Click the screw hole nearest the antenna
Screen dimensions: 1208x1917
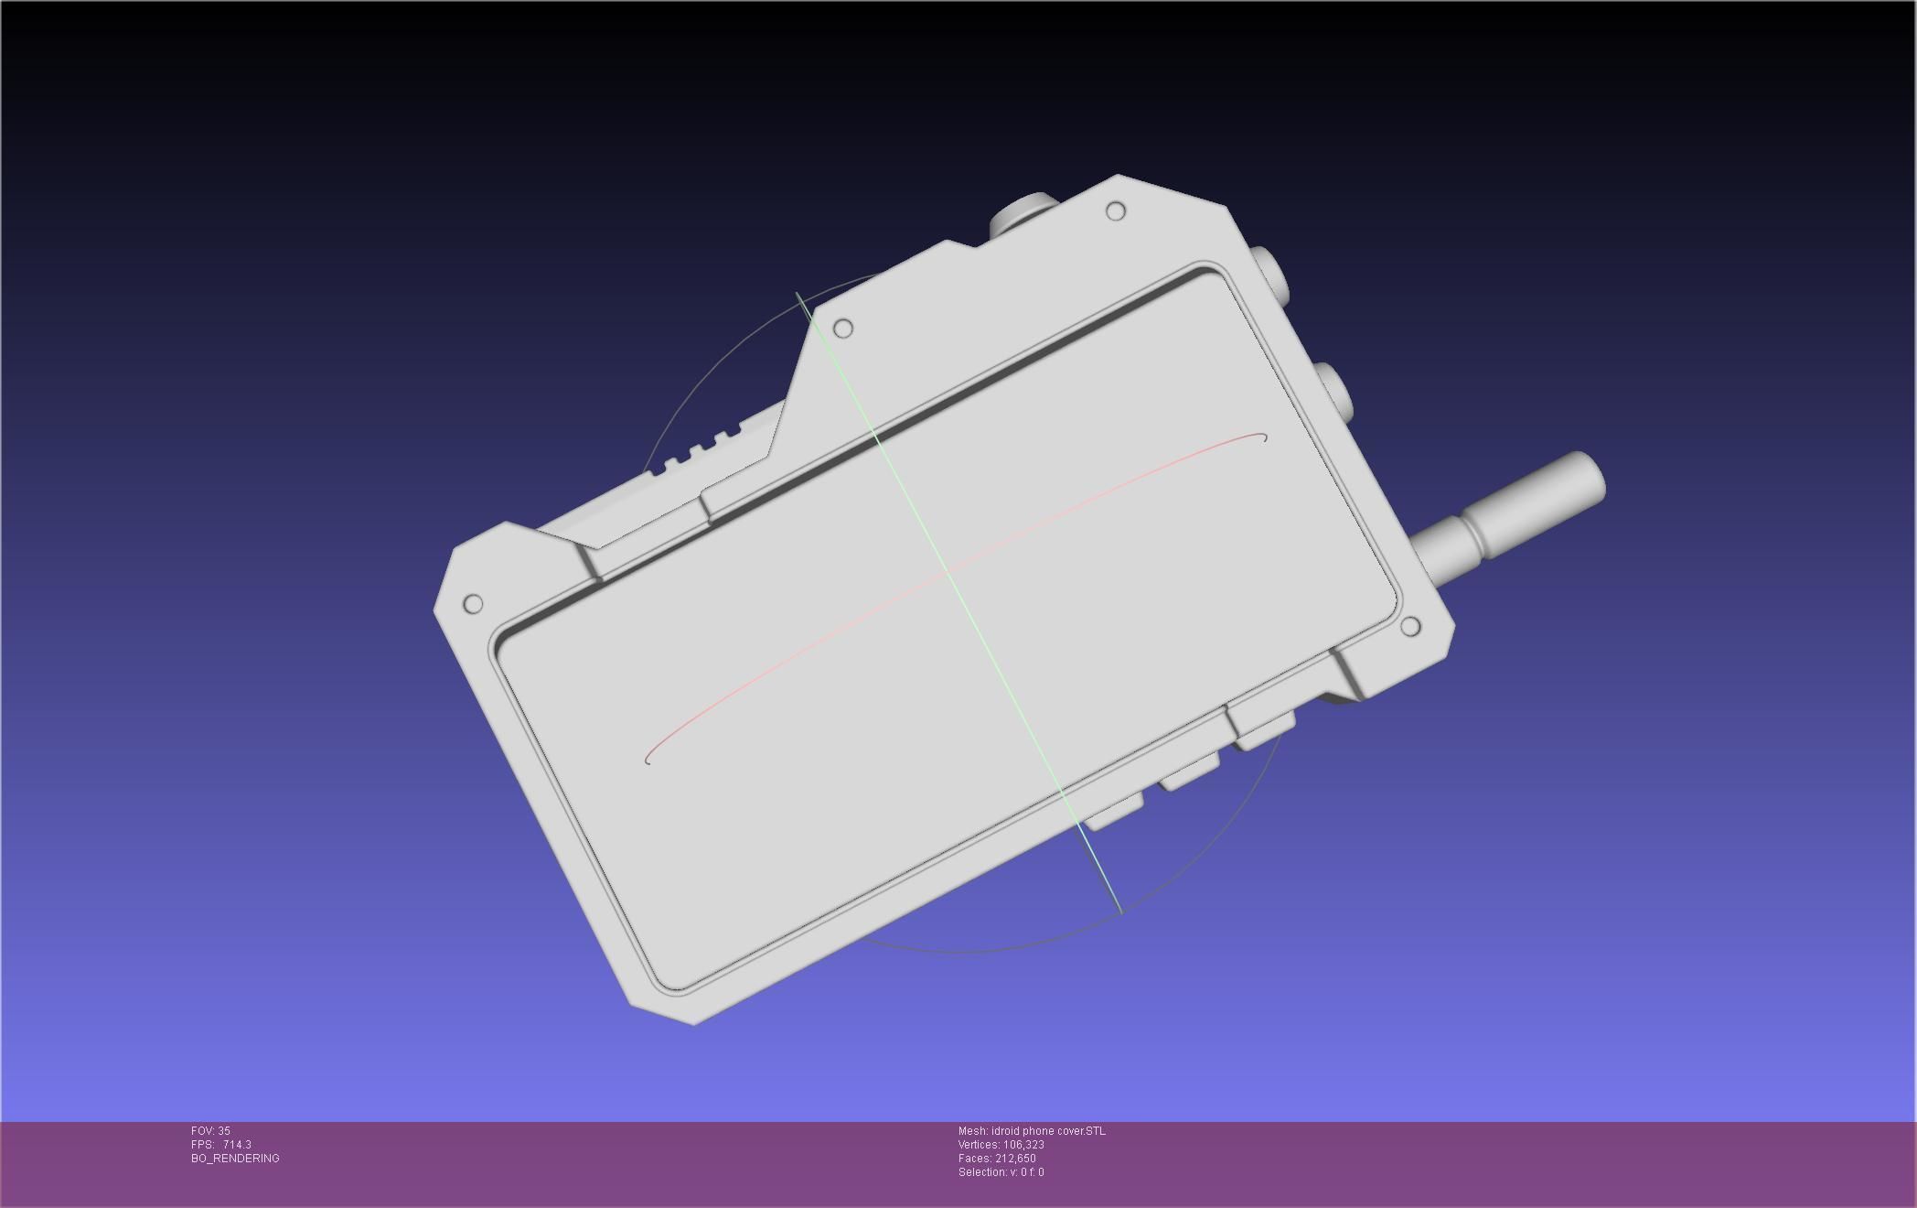pos(1410,627)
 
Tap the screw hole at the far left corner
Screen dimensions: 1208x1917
pos(473,604)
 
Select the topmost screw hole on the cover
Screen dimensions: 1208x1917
pos(1116,211)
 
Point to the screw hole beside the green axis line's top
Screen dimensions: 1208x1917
pos(843,328)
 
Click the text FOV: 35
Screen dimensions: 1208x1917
pos(210,1131)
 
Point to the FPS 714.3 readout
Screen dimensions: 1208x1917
pos(221,1145)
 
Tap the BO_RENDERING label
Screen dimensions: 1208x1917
pos(235,1159)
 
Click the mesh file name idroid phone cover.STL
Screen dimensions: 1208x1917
pos(1032,1131)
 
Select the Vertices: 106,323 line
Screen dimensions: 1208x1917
pos(1001,1145)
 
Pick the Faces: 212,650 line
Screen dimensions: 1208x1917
pos(997,1159)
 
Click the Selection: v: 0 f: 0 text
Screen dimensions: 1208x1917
pos(1001,1172)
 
